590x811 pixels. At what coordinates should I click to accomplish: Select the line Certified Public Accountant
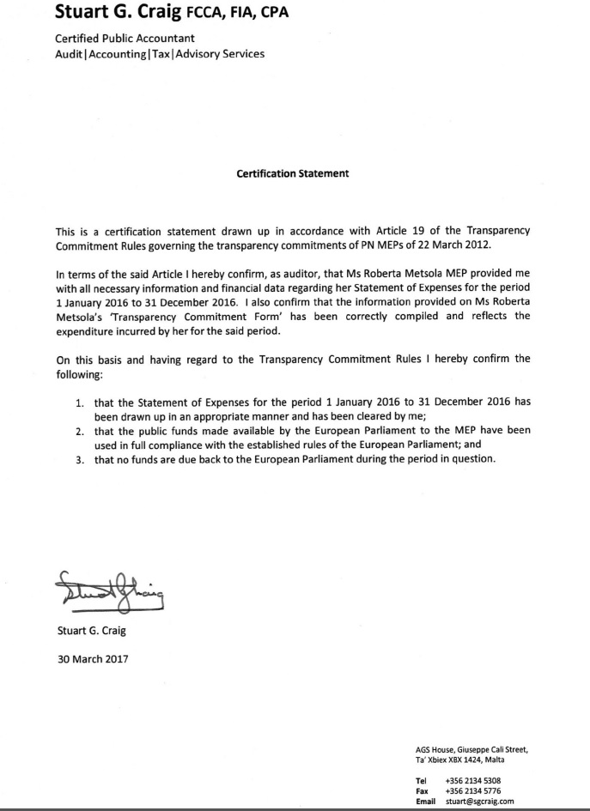[x=125, y=39]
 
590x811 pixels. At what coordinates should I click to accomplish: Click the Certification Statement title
[x=293, y=173]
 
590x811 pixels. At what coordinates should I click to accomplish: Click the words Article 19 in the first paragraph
[x=417, y=231]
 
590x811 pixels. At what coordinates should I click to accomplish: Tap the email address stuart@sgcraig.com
[x=479, y=801]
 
